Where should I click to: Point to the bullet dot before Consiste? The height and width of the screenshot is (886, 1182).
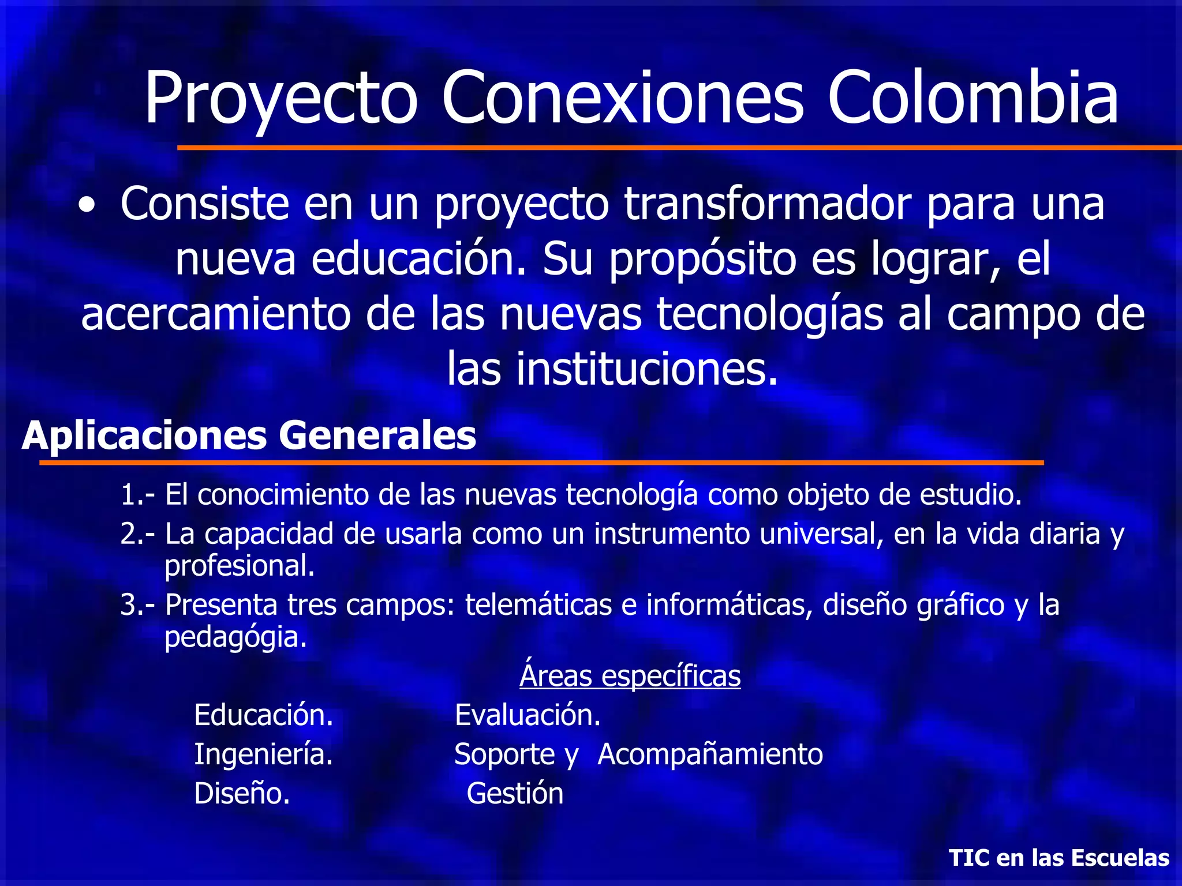[87, 206]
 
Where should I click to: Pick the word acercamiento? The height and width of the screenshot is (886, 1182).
[216, 314]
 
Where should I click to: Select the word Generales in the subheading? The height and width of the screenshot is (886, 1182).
[377, 436]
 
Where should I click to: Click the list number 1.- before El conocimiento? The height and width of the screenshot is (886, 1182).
[137, 495]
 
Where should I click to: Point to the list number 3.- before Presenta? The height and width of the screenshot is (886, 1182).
[137, 605]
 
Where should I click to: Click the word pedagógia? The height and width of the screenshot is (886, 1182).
[235, 637]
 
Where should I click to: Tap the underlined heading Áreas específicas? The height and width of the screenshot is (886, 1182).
[630, 676]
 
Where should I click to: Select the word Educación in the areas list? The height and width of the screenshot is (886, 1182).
[264, 715]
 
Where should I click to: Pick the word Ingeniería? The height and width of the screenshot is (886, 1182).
[264, 754]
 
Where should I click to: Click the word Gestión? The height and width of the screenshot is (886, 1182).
[515, 794]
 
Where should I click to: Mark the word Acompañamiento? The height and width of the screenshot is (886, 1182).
[710, 754]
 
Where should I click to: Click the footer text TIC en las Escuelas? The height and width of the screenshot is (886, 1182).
[1059, 858]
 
